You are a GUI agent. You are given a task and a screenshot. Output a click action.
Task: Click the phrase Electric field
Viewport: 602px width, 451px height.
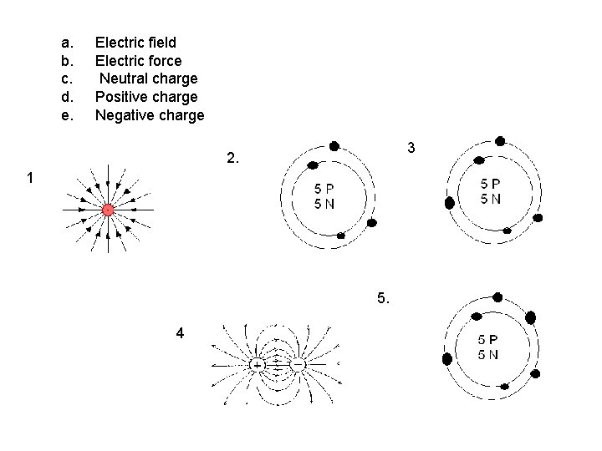tap(135, 42)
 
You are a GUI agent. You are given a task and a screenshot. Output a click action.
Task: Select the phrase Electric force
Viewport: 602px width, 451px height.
tap(138, 60)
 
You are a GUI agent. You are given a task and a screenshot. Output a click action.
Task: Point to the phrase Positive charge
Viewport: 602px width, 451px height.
tap(146, 97)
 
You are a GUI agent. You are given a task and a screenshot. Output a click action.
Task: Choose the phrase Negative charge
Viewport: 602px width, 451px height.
tap(149, 115)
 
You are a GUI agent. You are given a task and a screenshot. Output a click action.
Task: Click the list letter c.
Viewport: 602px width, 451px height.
tap(67, 79)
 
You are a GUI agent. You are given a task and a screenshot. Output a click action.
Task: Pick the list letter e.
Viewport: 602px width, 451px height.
tap(67, 115)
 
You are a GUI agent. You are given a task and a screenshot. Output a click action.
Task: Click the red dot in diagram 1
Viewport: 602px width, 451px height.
tap(108, 209)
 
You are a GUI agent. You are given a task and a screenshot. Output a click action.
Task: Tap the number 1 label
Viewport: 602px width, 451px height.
tap(30, 178)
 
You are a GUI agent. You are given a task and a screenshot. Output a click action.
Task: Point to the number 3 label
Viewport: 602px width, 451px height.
tap(411, 148)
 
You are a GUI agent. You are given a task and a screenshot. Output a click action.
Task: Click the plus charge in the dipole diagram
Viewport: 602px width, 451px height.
tap(257, 365)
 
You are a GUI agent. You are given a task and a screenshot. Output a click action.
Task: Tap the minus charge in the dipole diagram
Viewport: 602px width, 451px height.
tap(298, 365)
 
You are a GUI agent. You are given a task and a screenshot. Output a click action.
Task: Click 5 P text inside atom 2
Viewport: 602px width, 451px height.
tap(324, 190)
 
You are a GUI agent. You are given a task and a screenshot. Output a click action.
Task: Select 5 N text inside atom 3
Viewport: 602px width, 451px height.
tap(491, 198)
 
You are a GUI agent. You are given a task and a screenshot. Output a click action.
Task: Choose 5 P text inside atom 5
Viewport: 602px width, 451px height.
tap(488, 340)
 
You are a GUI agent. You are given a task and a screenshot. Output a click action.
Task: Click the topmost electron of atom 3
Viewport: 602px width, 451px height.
tap(501, 141)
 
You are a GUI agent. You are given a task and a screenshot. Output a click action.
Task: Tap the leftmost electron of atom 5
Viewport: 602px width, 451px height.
tap(447, 359)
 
